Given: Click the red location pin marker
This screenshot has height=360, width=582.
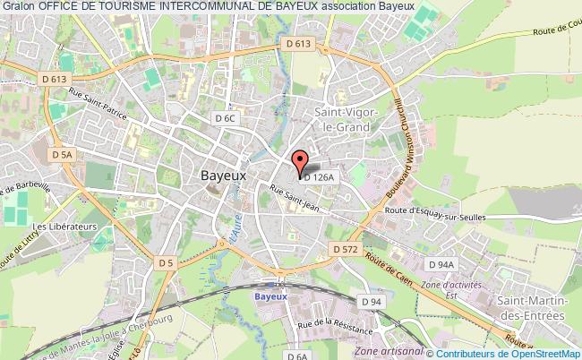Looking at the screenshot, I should point(300,161).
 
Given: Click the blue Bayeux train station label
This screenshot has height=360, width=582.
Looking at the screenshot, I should point(270,295).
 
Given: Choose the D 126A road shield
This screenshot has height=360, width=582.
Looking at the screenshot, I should point(320,177).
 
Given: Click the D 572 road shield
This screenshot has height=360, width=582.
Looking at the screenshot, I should point(343,247).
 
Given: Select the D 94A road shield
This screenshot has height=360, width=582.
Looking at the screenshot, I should point(441,264).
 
